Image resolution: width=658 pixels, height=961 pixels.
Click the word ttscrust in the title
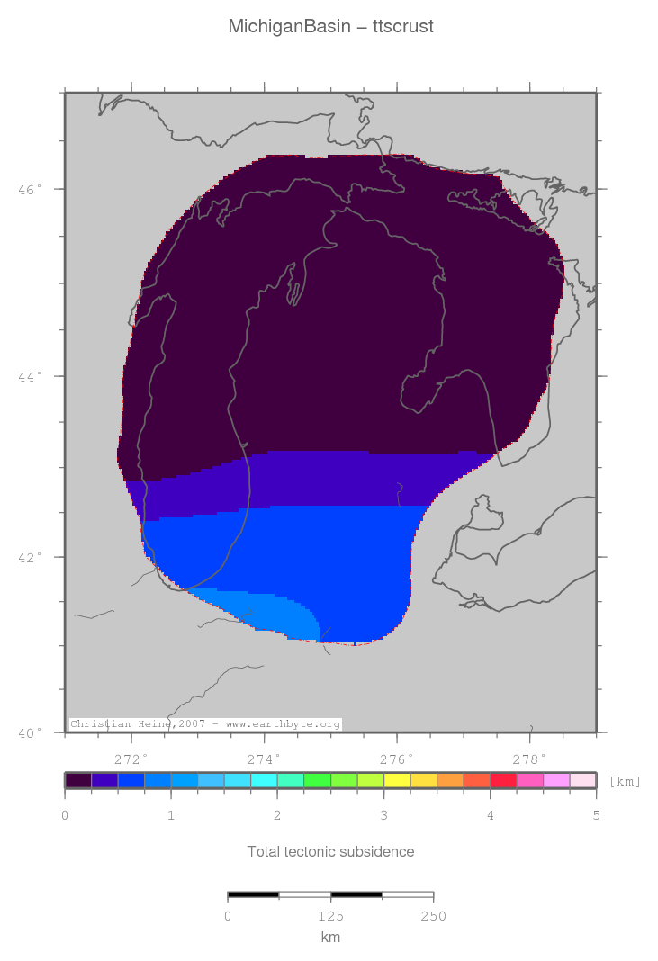(x=403, y=27)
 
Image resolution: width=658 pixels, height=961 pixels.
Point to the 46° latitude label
(x=32, y=190)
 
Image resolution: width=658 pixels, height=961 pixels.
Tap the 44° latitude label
(x=32, y=376)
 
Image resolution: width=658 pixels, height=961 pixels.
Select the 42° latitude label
(x=32, y=557)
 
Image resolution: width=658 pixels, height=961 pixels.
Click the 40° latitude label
(x=32, y=732)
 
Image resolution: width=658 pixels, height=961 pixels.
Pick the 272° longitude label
(x=131, y=759)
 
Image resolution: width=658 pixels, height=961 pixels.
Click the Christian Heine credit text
(x=205, y=724)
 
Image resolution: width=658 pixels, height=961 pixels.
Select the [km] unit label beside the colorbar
(x=625, y=781)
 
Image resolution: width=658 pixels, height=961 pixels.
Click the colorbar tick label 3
(x=383, y=816)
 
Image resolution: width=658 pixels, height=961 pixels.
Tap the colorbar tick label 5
(x=596, y=816)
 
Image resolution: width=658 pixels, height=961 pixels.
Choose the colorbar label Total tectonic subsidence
(x=330, y=851)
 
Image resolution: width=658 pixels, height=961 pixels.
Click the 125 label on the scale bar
(x=330, y=916)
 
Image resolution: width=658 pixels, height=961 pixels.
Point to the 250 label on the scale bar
(x=433, y=916)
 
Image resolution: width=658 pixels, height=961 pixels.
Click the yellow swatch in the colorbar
(x=397, y=780)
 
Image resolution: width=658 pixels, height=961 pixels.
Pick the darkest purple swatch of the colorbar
(x=78, y=780)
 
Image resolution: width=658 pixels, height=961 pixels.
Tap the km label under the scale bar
(x=330, y=938)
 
